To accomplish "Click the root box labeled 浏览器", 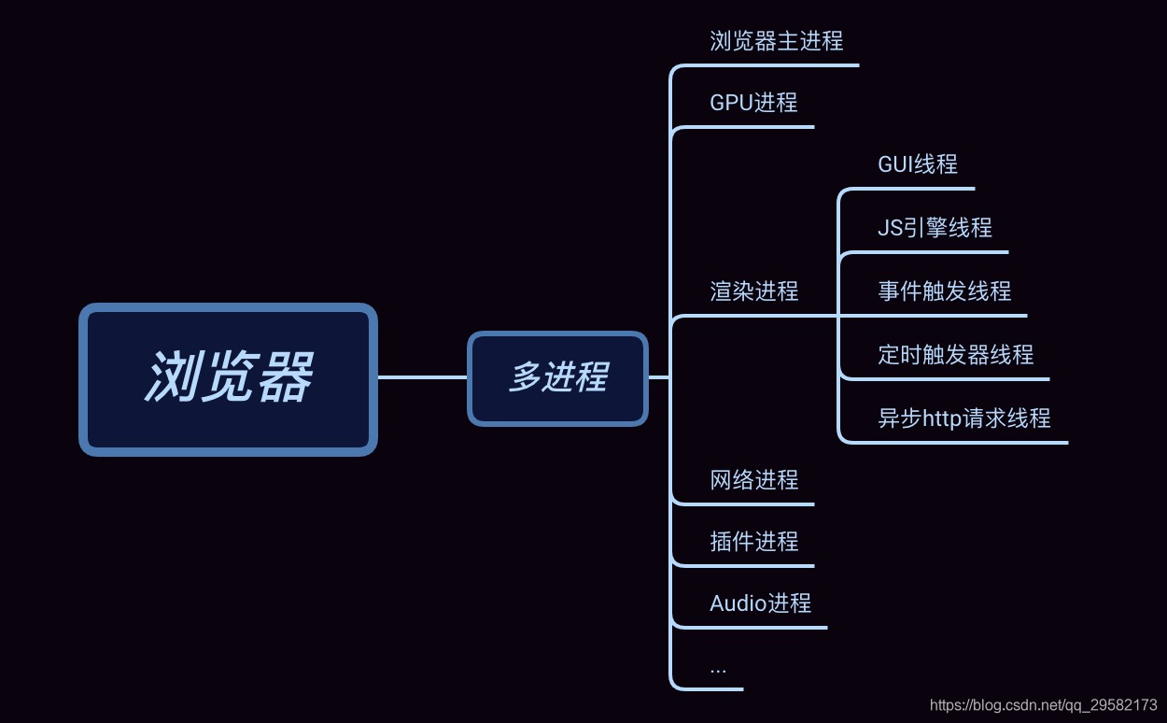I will pos(228,378).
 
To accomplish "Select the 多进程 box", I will pos(557,378).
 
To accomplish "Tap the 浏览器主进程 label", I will pos(776,41).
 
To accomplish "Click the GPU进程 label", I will pos(753,103).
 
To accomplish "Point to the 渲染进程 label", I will pos(753,291).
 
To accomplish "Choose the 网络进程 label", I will pos(753,480).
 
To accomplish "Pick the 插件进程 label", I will pos(753,542).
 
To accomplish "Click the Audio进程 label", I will pos(760,603).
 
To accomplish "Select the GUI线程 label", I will pos(917,164).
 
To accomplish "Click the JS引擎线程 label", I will pos(935,228).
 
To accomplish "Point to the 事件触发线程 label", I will pos(944,291).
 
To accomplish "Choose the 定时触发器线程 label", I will pos(955,355).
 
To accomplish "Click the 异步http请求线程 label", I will pos(963,418).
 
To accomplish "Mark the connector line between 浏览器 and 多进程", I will pos(422,377).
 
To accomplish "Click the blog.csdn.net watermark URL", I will pos(1044,704).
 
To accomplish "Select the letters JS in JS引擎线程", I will pos(890,228).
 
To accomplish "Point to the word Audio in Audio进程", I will pos(738,603).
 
